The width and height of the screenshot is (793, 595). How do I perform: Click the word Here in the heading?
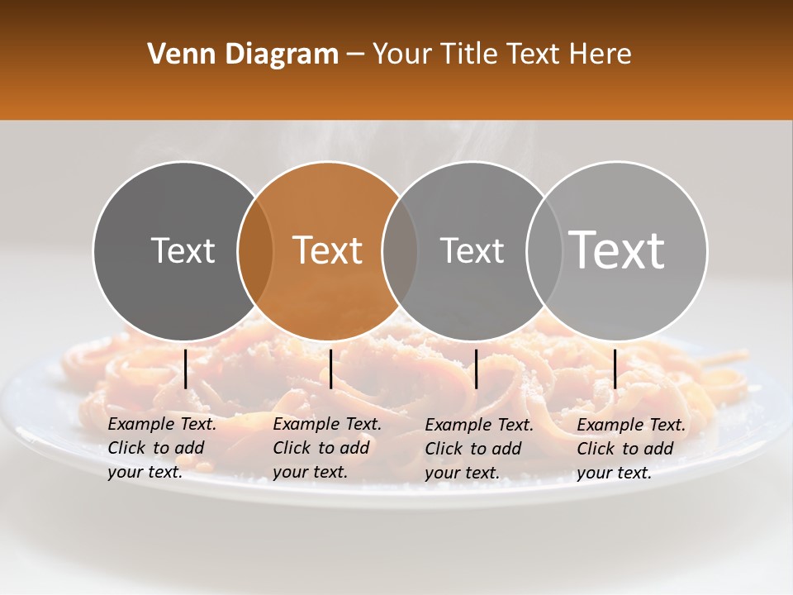point(601,55)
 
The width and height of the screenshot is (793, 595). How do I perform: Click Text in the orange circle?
point(328,250)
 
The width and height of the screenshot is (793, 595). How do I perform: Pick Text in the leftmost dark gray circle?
point(183,250)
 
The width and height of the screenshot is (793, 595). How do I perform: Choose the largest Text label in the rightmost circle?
point(617,250)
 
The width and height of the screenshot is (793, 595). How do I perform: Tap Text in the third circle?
point(472,250)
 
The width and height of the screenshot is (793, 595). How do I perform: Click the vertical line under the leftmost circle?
point(185,369)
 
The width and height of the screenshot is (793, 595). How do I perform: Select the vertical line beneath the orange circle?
point(330,369)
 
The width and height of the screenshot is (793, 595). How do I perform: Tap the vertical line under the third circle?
point(476,369)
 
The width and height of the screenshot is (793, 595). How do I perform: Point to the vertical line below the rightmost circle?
point(615,369)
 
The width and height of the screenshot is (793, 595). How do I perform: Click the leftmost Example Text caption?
point(162,448)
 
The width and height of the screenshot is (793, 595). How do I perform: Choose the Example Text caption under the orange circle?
point(327,448)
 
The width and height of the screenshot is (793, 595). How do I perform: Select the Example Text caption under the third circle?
point(479,448)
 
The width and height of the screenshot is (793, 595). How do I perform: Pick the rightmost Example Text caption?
point(631,448)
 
